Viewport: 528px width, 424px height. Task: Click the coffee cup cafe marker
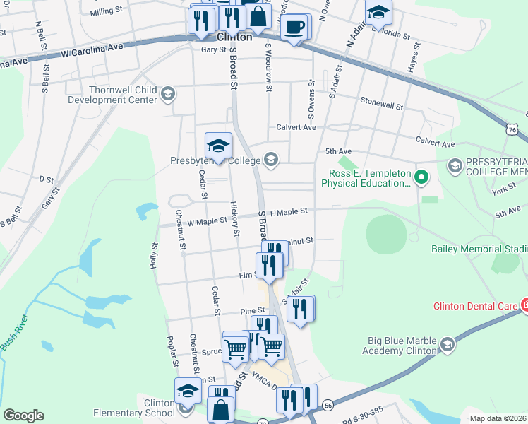click(294, 28)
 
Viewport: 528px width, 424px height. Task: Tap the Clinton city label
click(234, 37)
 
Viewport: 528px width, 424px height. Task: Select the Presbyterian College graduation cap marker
click(218, 146)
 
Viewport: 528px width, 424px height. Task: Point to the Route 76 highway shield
click(512, 130)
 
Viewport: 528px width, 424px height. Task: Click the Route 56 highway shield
click(328, 404)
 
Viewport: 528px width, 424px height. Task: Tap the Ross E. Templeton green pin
click(421, 176)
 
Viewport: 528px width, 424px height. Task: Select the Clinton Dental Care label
click(476, 306)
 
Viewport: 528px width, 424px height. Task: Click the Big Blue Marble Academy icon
click(446, 344)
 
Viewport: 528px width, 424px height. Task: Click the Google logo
click(23, 416)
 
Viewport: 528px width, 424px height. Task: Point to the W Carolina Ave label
click(92, 48)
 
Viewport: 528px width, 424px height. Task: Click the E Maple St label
click(289, 211)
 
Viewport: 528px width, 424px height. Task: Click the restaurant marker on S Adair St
click(301, 308)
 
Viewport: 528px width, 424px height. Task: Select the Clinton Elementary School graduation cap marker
click(188, 391)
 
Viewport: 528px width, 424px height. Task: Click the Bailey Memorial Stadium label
click(479, 249)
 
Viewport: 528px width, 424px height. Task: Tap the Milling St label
click(107, 12)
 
